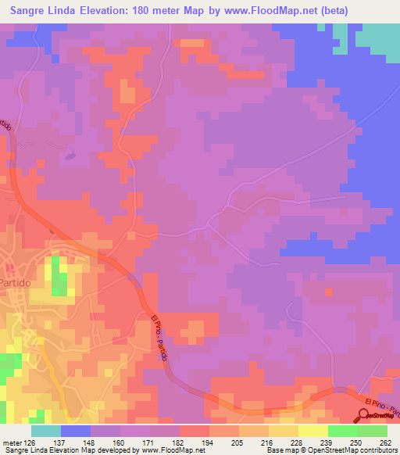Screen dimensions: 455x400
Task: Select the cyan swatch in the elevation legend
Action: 46,431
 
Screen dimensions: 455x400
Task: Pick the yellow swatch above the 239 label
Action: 313,431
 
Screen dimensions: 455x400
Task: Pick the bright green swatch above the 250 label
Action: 343,431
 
